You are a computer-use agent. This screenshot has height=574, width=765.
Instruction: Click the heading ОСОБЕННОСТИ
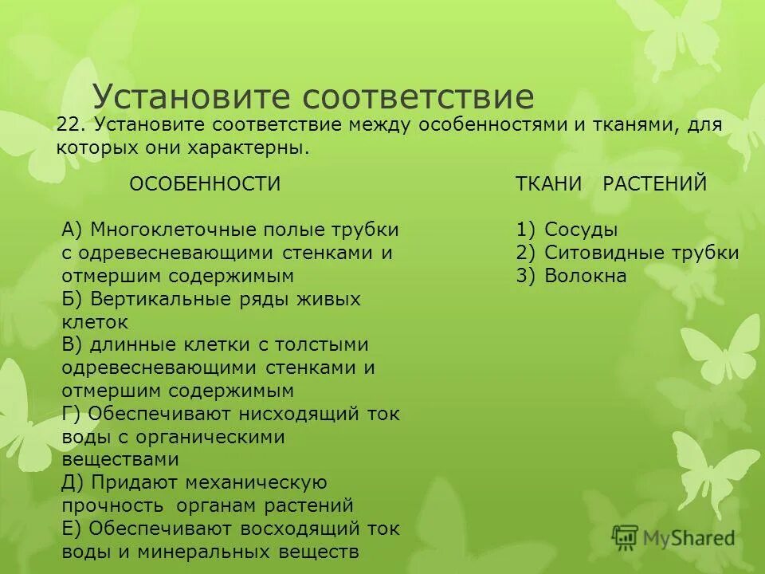tap(205, 184)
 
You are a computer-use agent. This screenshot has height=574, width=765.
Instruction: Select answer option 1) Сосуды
tap(567, 230)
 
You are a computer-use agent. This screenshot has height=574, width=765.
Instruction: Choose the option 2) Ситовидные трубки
tap(627, 254)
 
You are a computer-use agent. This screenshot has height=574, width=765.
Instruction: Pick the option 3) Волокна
tap(571, 277)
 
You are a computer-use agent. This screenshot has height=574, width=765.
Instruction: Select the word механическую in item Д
tap(255, 483)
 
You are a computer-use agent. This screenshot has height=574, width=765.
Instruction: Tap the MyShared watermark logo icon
tap(626, 537)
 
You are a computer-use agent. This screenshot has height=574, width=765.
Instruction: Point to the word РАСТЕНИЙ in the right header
tap(655, 184)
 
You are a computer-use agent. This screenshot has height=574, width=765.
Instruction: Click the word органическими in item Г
tap(218, 438)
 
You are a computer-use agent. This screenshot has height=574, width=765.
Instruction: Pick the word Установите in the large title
tap(191, 96)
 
